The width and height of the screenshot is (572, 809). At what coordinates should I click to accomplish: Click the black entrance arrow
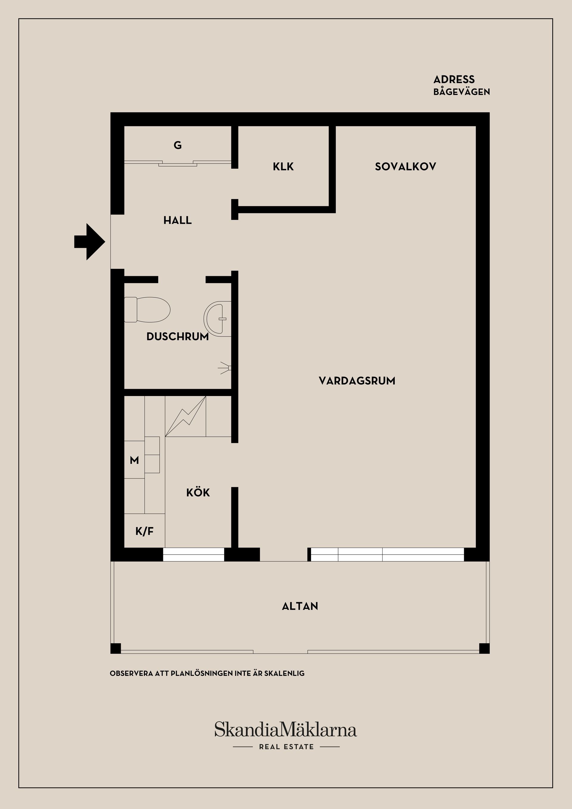point(89,242)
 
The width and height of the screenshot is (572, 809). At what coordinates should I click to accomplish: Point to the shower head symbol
point(226,368)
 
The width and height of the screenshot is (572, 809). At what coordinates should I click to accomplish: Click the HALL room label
point(178,221)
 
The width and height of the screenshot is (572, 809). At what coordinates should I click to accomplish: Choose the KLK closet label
point(283,167)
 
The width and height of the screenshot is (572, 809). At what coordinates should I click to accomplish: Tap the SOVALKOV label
point(405,167)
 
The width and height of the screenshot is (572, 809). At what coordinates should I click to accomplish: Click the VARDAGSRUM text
point(357,381)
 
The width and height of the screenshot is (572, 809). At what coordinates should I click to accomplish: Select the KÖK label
point(198,492)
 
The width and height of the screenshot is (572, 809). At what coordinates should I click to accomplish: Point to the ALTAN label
point(300,606)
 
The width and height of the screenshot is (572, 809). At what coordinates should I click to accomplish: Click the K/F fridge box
point(144,531)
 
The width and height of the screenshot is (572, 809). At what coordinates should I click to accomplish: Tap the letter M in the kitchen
point(134,460)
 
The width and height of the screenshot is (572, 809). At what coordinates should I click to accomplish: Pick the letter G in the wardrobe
point(178,145)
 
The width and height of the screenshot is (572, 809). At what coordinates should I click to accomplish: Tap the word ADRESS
point(454,79)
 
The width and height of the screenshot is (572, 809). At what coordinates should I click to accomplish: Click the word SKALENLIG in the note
point(284,673)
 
